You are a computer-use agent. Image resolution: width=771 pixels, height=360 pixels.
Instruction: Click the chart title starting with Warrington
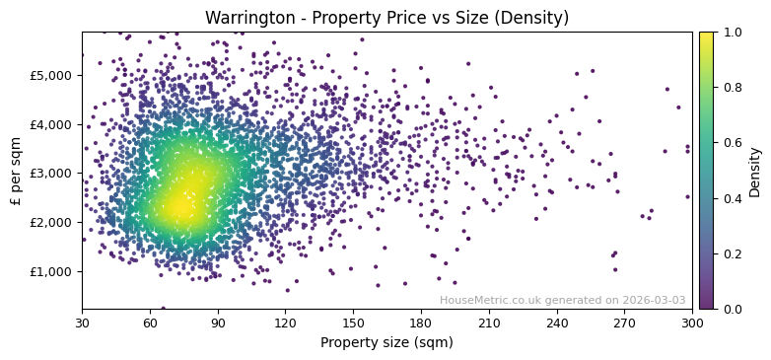tap(386, 19)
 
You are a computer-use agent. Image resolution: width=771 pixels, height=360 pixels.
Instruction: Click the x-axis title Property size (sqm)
tap(386, 342)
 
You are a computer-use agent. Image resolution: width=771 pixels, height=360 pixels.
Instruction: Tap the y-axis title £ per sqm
tap(16, 171)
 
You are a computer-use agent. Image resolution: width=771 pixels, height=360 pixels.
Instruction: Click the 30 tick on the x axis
tap(82, 323)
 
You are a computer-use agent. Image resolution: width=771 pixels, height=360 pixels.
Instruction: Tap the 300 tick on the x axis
tap(692, 323)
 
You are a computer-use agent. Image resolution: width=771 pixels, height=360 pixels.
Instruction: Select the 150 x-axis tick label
tap(353, 323)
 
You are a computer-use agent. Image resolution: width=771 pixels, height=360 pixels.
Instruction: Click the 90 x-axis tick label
tap(218, 323)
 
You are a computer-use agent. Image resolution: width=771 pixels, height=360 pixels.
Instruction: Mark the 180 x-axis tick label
tap(421, 323)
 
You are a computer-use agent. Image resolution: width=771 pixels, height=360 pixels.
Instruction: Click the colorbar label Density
tap(754, 171)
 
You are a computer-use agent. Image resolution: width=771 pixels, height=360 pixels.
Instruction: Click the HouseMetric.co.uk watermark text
tap(562, 300)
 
